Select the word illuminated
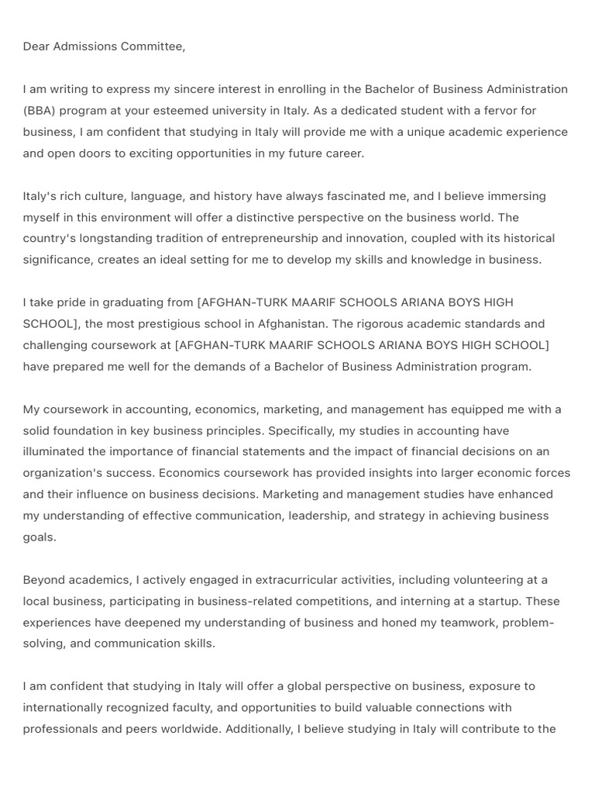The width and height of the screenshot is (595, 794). tap(59, 451)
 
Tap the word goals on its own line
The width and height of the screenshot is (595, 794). tap(39, 537)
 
